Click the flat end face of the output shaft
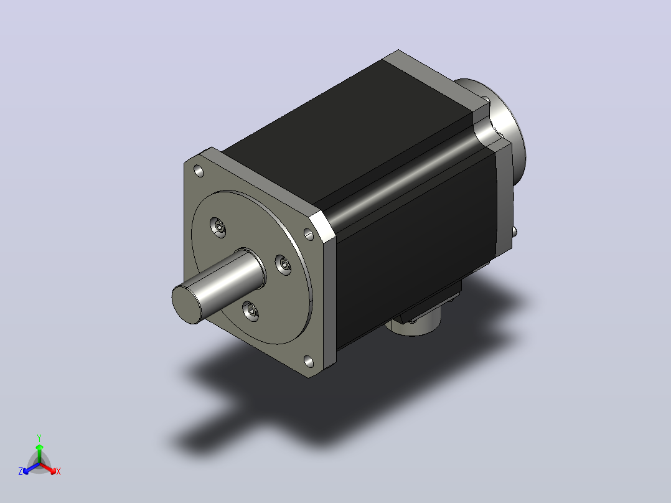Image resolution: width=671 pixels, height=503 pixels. click(x=187, y=304)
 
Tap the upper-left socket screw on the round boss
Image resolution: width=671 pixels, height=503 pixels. click(x=218, y=227)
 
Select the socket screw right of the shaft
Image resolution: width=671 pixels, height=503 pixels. click(x=283, y=265)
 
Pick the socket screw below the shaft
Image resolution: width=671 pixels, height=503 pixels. click(x=251, y=311)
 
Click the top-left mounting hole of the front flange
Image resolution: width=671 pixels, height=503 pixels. click(x=199, y=171)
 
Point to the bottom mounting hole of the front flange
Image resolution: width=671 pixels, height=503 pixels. click(x=309, y=362)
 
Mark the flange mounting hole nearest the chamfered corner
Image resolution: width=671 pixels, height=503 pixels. click(x=309, y=234)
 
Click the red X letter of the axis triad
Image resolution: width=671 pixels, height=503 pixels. click(x=59, y=471)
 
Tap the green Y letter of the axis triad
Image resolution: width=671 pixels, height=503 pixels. click(x=39, y=438)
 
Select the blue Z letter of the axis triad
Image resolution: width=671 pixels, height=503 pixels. click(x=21, y=471)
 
